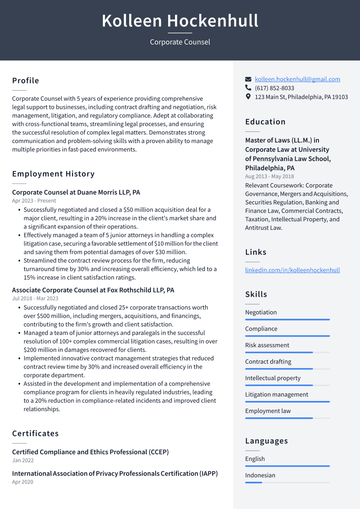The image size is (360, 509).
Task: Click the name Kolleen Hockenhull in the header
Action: click(180, 21)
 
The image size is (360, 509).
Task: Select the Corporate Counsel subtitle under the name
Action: click(180, 42)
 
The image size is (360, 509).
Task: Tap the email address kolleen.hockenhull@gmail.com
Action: click(297, 79)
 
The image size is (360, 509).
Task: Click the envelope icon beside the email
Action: click(248, 80)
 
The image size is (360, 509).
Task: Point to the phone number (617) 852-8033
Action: click(274, 88)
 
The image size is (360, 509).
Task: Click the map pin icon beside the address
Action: click(248, 97)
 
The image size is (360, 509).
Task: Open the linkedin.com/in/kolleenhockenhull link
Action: click(293, 270)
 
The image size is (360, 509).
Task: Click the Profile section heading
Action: click(25, 81)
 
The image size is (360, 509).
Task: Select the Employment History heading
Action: click(53, 174)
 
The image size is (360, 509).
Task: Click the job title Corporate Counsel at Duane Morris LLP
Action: click(76, 192)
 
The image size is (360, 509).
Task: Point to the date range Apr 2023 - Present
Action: click(34, 201)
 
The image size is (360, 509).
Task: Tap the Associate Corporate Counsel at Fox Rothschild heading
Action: click(93, 290)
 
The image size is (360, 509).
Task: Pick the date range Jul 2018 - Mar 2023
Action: click(35, 299)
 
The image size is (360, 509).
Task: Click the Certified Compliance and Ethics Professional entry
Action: click(90, 452)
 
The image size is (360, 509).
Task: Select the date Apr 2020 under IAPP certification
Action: click(22, 482)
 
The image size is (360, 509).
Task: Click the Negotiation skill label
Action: click(261, 312)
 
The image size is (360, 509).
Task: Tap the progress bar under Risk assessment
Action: click(287, 353)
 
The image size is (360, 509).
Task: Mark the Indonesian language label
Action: click(260, 475)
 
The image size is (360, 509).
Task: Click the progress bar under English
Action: click(287, 466)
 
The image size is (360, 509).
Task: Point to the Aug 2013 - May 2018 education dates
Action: click(269, 176)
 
